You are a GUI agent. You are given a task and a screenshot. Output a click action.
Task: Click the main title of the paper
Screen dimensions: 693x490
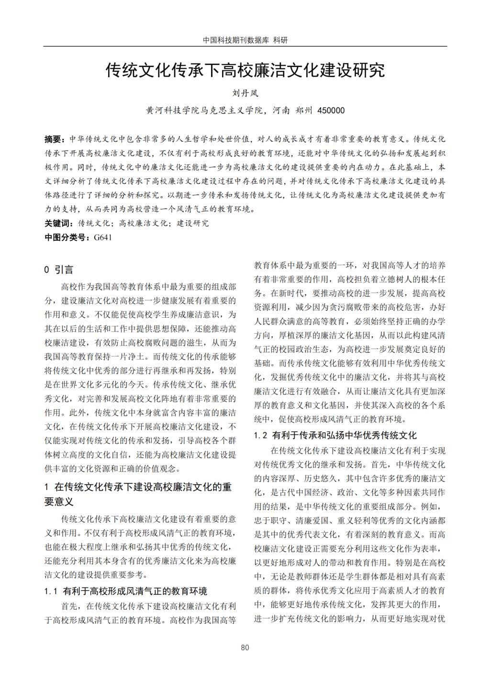pyautogui.click(x=245, y=71)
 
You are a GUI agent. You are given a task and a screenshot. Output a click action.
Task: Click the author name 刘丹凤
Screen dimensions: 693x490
pyautogui.click(x=245, y=94)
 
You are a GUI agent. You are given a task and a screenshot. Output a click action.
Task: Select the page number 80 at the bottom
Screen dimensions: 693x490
pyautogui.click(x=245, y=648)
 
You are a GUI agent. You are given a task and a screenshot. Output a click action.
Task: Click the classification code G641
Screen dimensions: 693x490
pyautogui.click(x=103, y=237)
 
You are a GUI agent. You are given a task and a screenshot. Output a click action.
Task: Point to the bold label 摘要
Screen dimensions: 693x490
pyautogui.click(x=53, y=139)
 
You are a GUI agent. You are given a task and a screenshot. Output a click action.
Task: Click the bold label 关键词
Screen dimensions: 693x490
pyautogui.click(x=58, y=223)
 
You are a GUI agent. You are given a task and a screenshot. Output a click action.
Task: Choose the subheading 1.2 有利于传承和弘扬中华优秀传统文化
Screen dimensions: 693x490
pyautogui.click(x=335, y=435)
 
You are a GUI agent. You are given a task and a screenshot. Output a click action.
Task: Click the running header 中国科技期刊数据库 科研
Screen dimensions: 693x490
pyautogui.click(x=245, y=40)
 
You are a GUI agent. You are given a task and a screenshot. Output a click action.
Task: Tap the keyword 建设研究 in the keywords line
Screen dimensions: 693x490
pyautogui.click(x=193, y=223)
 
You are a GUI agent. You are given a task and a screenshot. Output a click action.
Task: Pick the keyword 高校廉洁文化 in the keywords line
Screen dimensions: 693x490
pyautogui.click(x=144, y=223)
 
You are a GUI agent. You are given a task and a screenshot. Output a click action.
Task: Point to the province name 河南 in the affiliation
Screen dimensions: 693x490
pyautogui.click(x=281, y=111)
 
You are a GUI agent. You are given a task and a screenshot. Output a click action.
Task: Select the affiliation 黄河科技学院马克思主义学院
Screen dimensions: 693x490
pyautogui.click(x=205, y=111)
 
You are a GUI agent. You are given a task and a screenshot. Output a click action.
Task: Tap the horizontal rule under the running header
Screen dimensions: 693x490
pyautogui.click(x=245, y=46)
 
